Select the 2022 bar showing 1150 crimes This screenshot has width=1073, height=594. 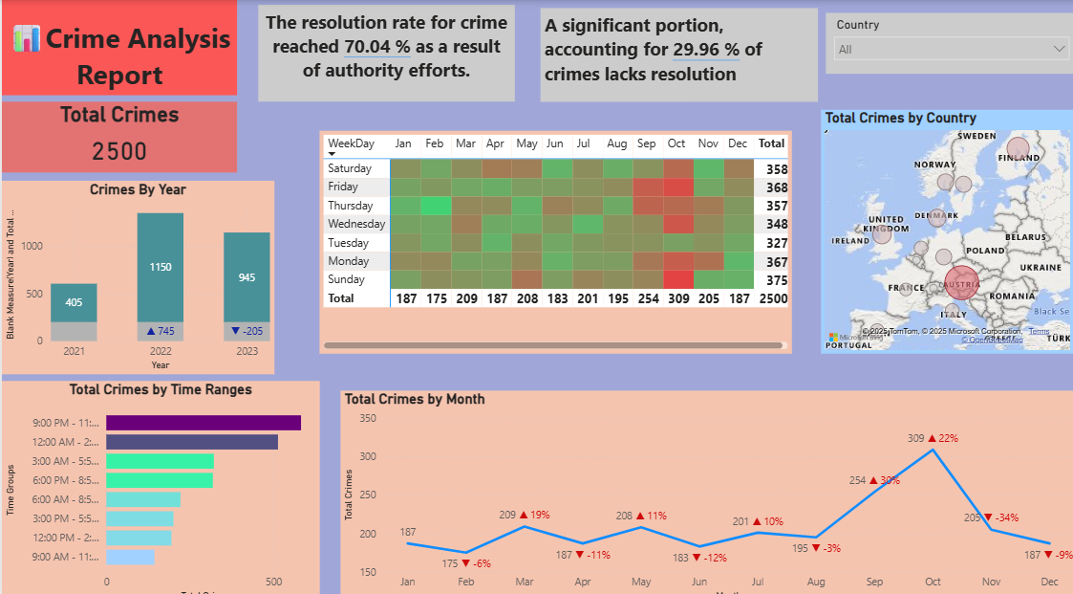pos(161,267)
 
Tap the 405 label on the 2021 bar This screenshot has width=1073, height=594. pos(74,302)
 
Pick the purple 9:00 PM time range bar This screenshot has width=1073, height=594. pos(204,423)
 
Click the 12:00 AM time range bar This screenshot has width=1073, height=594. pos(192,442)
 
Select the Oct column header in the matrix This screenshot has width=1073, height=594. pos(676,143)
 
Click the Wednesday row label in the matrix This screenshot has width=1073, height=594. pos(356,224)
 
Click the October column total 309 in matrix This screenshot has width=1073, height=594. pos(676,298)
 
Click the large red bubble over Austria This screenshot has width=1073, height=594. pos(958,284)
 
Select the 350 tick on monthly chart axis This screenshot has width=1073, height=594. pos(368,419)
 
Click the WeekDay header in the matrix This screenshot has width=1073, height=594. pos(351,143)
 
